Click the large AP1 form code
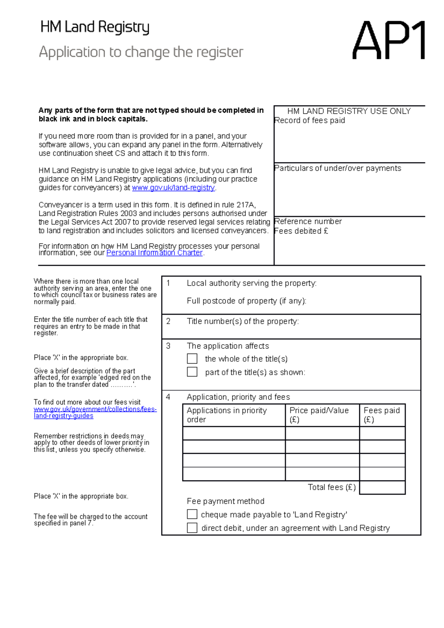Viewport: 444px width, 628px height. [388, 40]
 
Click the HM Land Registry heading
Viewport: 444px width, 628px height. [95, 27]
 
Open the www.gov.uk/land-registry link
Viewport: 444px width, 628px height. [173, 188]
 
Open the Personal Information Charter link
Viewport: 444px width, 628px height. [154, 253]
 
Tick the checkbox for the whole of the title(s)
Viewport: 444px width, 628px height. [192, 358]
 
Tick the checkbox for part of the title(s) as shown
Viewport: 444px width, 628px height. [192, 372]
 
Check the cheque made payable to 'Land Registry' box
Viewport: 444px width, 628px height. [192, 514]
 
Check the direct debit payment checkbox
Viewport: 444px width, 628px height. [192, 528]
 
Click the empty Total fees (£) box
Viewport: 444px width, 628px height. [382, 487]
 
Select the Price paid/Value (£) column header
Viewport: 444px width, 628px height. [319, 415]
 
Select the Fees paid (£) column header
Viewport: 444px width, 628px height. [381, 415]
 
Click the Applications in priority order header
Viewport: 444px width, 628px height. [226, 415]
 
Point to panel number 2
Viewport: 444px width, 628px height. [168, 321]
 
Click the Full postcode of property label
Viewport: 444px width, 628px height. [246, 301]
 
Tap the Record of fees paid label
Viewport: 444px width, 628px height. [310, 121]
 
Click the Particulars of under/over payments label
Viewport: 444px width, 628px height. [338, 168]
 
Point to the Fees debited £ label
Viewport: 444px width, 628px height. [301, 231]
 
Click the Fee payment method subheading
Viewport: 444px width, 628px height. [225, 501]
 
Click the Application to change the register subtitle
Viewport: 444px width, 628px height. [141, 52]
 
